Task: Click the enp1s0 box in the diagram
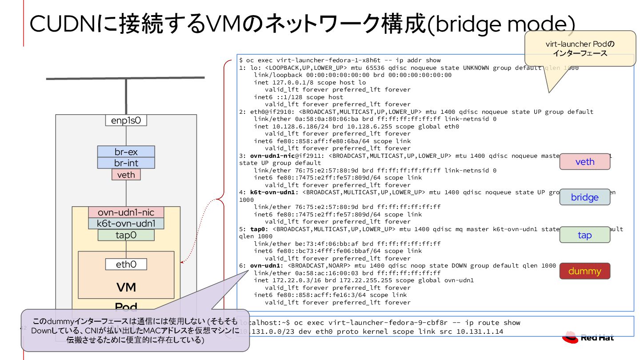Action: tap(126, 120)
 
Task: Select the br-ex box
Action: tap(126, 152)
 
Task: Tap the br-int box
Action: tap(126, 163)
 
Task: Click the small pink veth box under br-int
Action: tap(126, 175)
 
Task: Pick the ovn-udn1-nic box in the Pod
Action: tap(126, 212)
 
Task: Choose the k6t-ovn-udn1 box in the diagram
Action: tap(126, 223)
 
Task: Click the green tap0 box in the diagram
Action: tap(126, 235)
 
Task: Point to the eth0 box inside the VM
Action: tap(126, 264)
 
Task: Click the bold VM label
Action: tap(126, 287)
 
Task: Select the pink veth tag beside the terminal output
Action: tap(584, 162)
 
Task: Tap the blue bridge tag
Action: tap(584, 197)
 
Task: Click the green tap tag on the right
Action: tap(584, 235)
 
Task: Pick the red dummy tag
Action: tap(584, 271)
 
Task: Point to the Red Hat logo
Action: tap(588, 337)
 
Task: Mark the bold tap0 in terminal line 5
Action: tap(259, 229)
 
